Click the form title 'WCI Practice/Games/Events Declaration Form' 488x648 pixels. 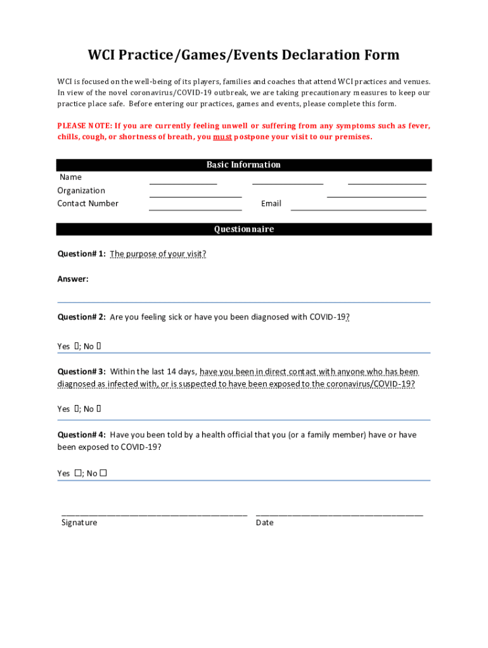click(243, 55)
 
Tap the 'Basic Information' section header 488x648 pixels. click(243, 165)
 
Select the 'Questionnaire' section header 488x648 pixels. click(243, 229)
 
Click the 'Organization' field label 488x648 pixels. click(81, 190)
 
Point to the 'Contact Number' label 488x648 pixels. click(87, 203)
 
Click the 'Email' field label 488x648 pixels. click(271, 203)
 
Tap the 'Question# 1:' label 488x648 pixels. click(81, 254)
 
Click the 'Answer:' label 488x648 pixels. click(73, 278)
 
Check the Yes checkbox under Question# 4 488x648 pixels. click(78, 473)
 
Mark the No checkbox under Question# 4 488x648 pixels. click(103, 473)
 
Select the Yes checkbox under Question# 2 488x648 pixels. click(77, 346)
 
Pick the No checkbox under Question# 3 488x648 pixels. click(99, 409)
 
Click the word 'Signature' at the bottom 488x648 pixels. click(79, 523)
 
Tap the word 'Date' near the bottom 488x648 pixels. click(264, 523)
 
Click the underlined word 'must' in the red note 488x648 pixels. click(222, 137)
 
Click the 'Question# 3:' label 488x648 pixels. click(81, 371)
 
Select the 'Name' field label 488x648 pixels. click(70, 177)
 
